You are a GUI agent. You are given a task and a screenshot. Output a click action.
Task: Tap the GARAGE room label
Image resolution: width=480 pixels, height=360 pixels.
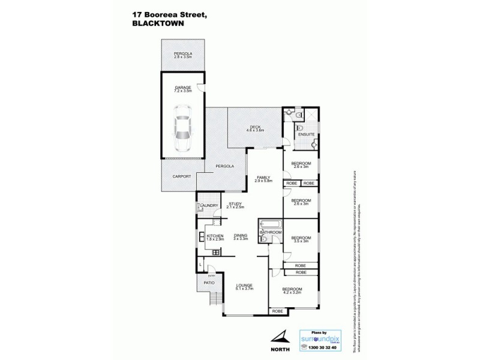182,88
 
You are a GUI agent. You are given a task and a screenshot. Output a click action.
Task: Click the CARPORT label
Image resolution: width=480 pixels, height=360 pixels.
182,176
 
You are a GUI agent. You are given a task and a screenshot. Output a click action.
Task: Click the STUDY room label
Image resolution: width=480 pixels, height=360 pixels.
235,204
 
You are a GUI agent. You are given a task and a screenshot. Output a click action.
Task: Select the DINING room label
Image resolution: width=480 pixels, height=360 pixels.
241,235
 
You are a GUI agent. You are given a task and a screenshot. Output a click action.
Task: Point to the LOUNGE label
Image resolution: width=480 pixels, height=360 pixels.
244,285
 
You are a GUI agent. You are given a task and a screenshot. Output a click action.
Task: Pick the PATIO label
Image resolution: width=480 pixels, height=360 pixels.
208,282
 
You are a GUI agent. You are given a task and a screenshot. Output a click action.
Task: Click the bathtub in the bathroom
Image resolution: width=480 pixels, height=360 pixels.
271,224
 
